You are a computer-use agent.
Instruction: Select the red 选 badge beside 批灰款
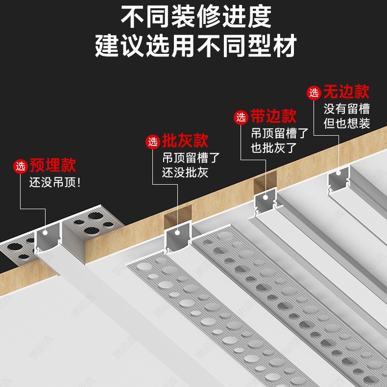[153, 142]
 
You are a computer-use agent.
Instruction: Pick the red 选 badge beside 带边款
[241, 117]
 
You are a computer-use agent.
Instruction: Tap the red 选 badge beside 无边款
[314, 92]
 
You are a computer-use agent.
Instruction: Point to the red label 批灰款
[185, 142]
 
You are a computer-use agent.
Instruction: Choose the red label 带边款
[273, 117]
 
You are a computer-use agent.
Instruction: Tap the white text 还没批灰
[185, 172]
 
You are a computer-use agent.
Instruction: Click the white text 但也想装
[346, 123]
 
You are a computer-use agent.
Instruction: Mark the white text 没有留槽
[346, 108]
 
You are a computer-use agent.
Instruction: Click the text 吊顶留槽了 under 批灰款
[191, 158]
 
